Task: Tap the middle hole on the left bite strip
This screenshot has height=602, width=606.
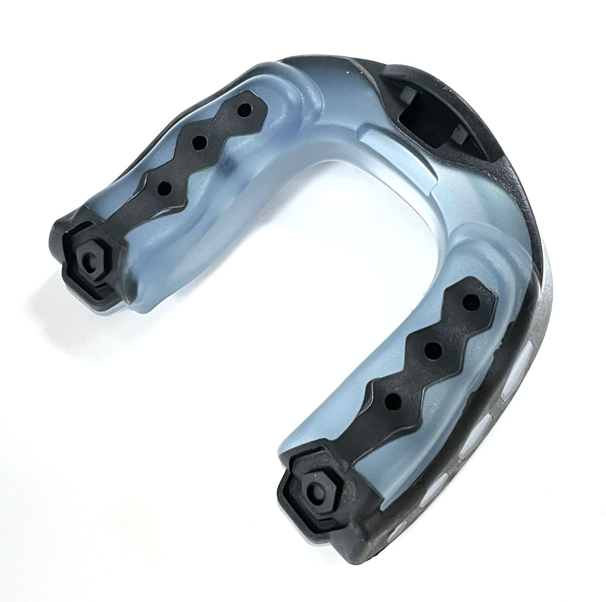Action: click(199, 143)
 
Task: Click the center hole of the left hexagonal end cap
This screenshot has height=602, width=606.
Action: click(89, 261)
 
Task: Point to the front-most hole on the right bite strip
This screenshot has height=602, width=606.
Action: click(471, 302)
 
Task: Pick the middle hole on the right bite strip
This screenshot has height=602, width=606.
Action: click(433, 350)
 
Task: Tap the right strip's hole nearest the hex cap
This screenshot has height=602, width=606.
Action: click(392, 401)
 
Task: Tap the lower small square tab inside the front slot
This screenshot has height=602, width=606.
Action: click(459, 135)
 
